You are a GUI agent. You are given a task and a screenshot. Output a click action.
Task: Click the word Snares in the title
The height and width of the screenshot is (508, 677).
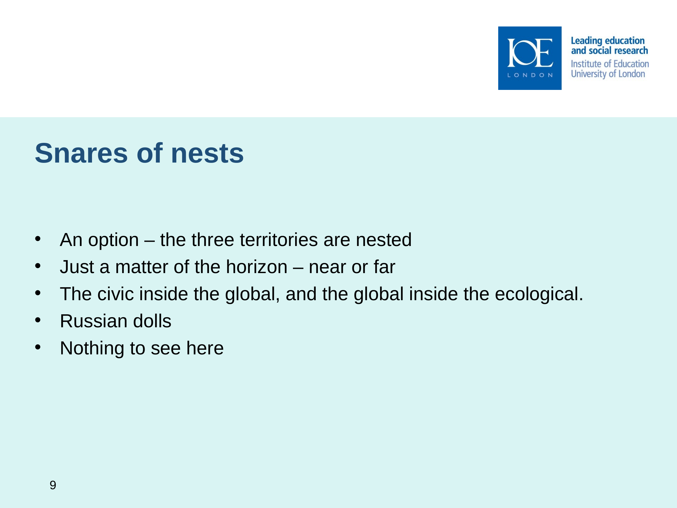(x=81, y=153)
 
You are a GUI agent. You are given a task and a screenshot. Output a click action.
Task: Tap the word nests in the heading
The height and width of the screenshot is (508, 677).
(x=207, y=154)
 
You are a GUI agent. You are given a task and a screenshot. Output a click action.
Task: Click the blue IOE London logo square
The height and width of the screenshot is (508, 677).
(x=530, y=58)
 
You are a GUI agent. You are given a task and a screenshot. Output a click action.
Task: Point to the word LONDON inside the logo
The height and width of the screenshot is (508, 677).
(x=530, y=75)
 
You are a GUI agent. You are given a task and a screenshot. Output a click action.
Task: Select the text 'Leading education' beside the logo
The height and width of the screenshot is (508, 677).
(x=607, y=41)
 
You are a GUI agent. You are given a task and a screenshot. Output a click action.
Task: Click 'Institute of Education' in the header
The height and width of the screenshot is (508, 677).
(x=610, y=64)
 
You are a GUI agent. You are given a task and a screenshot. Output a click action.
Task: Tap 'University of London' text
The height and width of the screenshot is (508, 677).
(x=608, y=74)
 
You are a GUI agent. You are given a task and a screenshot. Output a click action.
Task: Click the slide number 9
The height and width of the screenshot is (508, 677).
(x=53, y=485)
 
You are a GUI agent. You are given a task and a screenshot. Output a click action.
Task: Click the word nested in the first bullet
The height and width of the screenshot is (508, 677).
(x=384, y=240)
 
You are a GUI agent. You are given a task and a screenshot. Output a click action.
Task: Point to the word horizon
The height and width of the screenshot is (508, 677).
(x=257, y=267)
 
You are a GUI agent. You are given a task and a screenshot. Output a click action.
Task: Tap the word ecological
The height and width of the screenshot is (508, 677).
(x=539, y=294)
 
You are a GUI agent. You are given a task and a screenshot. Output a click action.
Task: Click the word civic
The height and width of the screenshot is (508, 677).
(x=115, y=294)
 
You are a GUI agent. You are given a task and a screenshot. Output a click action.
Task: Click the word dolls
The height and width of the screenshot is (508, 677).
(x=152, y=321)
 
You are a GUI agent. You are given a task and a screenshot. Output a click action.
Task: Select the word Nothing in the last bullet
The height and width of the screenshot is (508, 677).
(x=92, y=349)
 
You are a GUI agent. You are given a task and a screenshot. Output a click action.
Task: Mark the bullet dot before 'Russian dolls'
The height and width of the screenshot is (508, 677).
(x=38, y=320)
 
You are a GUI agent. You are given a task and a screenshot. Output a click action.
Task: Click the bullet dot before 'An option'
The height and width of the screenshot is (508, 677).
(x=38, y=239)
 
